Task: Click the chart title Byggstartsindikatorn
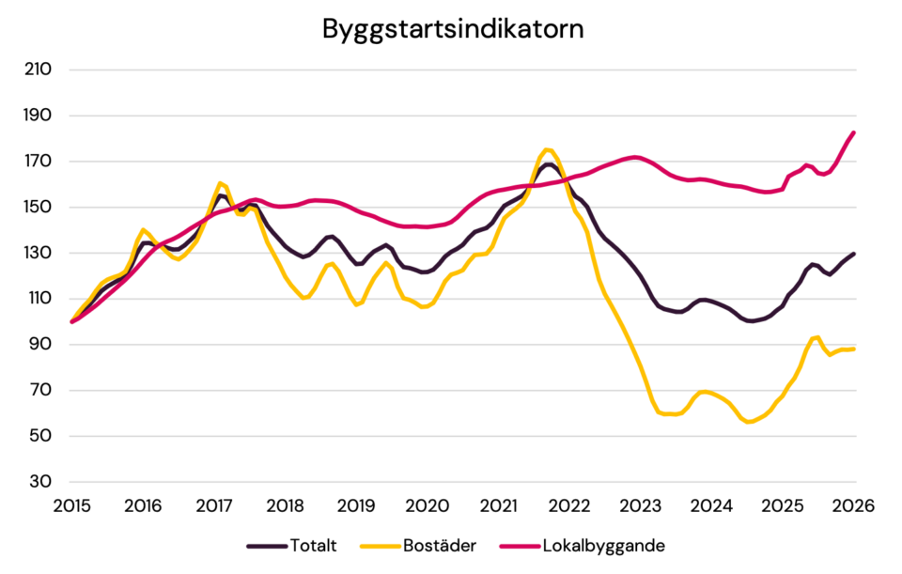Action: tap(453, 28)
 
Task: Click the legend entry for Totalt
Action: tap(313, 545)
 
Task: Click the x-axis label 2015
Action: tap(71, 505)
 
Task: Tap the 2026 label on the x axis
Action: tap(854, 505)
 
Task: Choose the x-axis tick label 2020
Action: tap(428, 505)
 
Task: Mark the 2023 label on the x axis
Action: tap(641, 505)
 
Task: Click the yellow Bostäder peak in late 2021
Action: tap(549, 149)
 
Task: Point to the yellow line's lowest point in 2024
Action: tap(750, 422)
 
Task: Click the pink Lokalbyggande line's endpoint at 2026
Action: tap(853, 132)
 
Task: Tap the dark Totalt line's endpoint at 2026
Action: tap(853, 253)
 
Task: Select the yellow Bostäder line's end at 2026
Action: tap(853, 349)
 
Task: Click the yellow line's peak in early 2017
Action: tap(220, 183)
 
